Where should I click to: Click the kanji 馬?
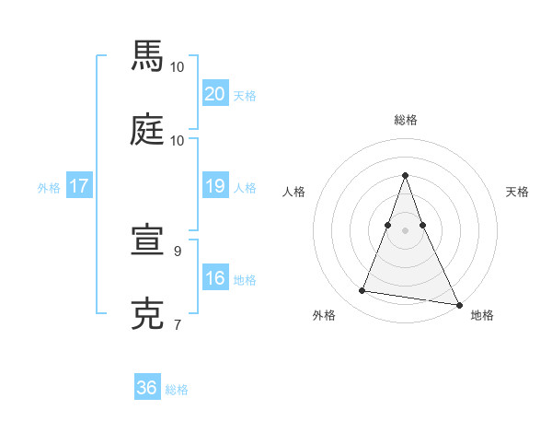tap(147, 56)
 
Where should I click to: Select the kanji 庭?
tap(147, 129)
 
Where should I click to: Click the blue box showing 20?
tap(214, 94)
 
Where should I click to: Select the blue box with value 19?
tap(214, 186)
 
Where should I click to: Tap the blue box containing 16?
tap(214, 278)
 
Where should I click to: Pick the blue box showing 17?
tap(78, 186)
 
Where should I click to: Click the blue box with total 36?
tap(147, 388)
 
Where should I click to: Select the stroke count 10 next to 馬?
tap(178, 66)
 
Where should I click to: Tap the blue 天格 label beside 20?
tap(245, 96)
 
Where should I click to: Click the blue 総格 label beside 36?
tap(177, 390)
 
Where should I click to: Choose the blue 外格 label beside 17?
tap(49, 188)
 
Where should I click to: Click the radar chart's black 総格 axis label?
tap(405, 120)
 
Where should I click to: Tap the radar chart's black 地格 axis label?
tap(482, 315)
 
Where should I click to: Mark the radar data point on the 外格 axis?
tap(362, 291)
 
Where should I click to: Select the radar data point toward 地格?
tap(458, 304)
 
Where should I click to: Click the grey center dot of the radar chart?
tap(405, 229)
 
